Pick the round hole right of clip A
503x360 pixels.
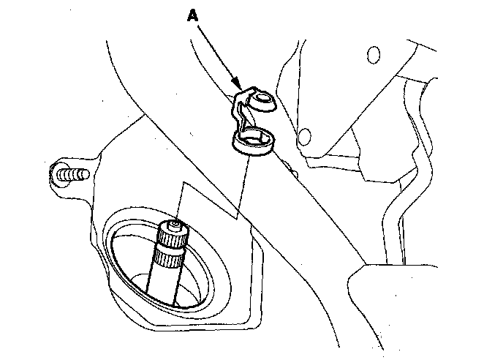click(304, 135)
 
